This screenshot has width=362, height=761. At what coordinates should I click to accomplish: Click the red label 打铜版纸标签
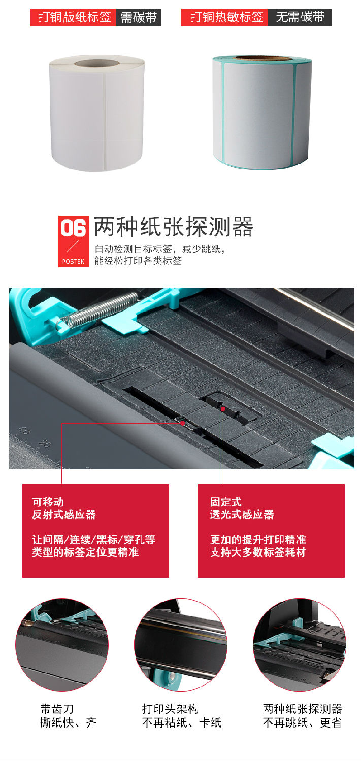[74, 17]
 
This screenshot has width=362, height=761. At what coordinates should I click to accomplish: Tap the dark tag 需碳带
[139, 17]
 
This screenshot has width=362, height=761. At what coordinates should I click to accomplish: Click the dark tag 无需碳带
[300, 17]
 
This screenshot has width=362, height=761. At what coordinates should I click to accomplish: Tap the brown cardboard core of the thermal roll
[261, 59]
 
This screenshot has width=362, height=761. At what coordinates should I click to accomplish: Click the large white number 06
[74, 229]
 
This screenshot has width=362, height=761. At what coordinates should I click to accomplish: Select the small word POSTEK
[74, 262]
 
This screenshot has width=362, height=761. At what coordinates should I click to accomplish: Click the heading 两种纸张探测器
[174, 227]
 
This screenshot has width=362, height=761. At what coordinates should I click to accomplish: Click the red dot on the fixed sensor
[223, 408]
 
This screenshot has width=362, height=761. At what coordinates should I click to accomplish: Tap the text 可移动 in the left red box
[48, 502]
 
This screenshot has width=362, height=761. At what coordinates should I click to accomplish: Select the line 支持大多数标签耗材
[258, 552]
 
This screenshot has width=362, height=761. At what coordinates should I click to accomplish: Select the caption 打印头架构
[170, 708]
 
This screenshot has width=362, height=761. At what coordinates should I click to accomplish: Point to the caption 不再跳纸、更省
[302, 722]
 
